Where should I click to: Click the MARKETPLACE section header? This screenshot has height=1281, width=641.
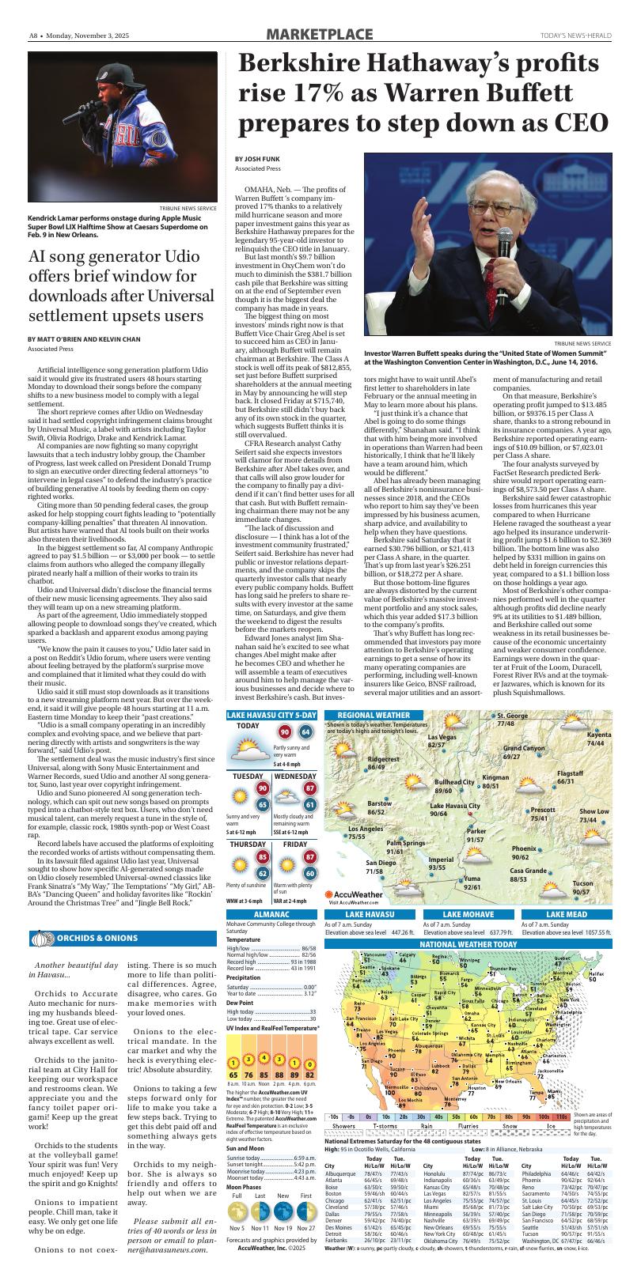320,34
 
